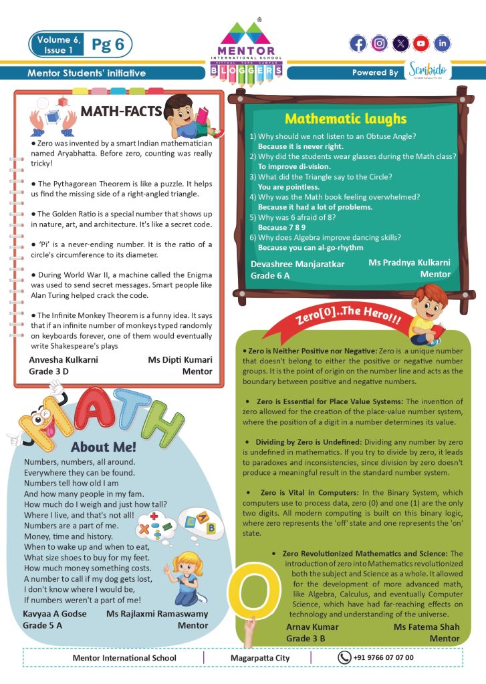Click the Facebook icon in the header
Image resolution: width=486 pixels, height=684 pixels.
(358, 44)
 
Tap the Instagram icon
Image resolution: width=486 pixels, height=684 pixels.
(379, 44)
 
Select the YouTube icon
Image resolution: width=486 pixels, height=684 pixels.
(420, 44)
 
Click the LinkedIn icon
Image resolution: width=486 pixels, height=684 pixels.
(441, 44)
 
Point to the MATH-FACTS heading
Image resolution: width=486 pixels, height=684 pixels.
(121, 111)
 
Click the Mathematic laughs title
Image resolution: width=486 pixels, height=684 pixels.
(345, 119)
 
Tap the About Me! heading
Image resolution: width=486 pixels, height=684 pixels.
(103, 447)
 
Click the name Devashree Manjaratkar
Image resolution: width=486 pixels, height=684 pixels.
(297, 265)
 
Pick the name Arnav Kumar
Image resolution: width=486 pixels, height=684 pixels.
(312, 627)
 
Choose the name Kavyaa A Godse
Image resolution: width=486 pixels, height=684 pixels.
(55, 613)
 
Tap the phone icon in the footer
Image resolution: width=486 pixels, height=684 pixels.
(344, 657)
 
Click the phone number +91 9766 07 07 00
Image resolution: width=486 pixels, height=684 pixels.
(383, 657)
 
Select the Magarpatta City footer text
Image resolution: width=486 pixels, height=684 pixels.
(257, 658)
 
